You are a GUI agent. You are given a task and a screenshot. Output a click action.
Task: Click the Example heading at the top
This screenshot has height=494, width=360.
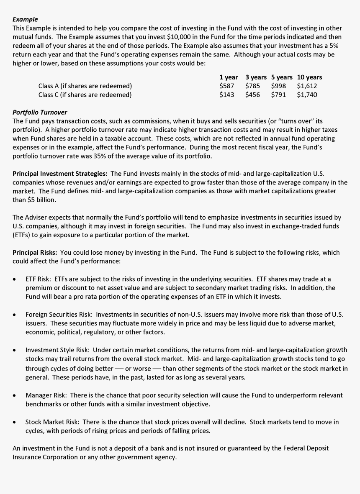pyautogui.click(x=25, y=19)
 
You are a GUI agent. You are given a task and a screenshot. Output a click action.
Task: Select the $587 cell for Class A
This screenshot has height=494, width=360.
pyautogui.click(x=226, y=86)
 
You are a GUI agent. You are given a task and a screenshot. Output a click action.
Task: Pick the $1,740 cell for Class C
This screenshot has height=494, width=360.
pyautogui.click(x=307, y=95)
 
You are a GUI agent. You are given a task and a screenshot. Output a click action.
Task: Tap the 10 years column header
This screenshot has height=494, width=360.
pyautogui.click(x=309, y=77)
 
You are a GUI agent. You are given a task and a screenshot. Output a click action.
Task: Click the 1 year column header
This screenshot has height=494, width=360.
pyautogui.click(x=229, y=77)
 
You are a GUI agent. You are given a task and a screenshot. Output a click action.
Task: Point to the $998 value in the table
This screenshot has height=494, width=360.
pyautogui.click(x=278, y=86)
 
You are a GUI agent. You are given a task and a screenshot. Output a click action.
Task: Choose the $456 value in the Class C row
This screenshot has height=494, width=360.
pyautogui.click(x=252, y=95)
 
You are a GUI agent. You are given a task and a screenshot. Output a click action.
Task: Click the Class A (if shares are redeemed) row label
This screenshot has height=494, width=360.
pyautogui.click(x=85, y=86)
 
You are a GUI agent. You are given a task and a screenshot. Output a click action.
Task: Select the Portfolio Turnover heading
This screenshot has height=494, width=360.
pyautogui.click(x=40, y=112)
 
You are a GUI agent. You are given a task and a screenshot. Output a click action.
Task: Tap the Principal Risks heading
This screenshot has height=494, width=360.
pyautogui.click(x=36, y=252)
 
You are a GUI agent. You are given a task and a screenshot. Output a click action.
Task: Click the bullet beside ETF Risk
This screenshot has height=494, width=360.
pyautogui.click(x=15, y=279)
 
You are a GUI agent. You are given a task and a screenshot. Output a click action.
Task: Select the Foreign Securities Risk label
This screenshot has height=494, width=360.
pyautogui.click(x=60, y=314)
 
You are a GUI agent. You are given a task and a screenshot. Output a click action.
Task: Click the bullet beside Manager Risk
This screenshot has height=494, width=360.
pyautogui.click(x=15, y=395)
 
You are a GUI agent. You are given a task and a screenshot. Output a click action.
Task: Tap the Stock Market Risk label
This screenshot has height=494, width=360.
pyautogui.click(x=52, y=422)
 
